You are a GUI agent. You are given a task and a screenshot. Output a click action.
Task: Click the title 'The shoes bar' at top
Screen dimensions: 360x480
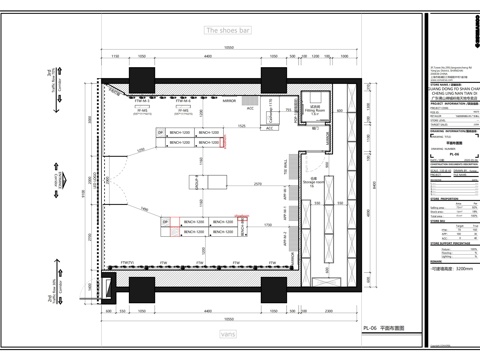click(227, 31)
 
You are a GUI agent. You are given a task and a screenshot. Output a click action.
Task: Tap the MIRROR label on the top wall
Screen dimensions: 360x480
click(229, 101)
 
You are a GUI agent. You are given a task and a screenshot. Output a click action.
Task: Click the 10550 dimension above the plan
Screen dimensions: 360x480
click(228, 48)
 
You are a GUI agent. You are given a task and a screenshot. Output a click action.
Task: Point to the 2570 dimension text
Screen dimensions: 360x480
click(258, 184)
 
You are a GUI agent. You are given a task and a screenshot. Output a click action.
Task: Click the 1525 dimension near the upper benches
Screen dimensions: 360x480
click(242, 125)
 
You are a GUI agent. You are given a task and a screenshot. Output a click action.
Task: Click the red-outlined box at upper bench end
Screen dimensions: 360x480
click(225, 139)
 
